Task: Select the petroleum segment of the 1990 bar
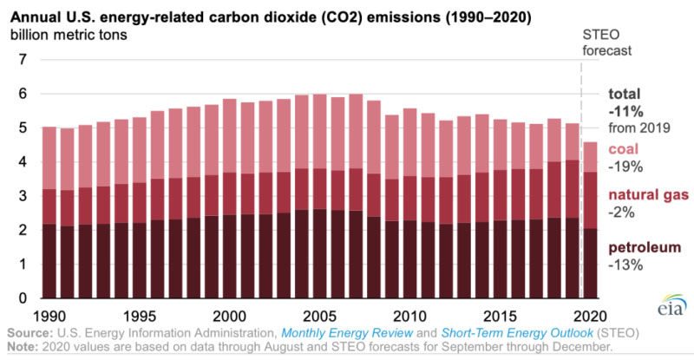click(49, 261)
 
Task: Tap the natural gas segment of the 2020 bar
click(589, 200)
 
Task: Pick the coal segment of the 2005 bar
click(319, 130)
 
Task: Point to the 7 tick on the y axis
click(23, 60)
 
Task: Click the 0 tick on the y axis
click(23, 298)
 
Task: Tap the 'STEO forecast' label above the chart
click(605, 42)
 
